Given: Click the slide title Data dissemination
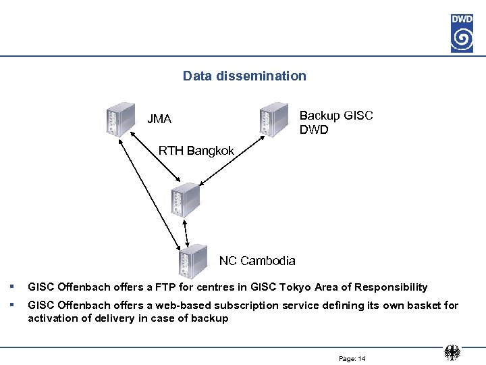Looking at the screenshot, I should (244, 76).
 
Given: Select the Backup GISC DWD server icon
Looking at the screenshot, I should (273, 118).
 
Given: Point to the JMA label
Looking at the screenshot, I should (159, 119).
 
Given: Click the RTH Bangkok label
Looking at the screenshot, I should (196, 150).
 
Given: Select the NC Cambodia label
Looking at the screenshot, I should (257, 260).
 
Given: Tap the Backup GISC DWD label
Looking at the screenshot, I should (335, 122).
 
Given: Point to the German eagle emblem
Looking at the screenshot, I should (452, 353).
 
